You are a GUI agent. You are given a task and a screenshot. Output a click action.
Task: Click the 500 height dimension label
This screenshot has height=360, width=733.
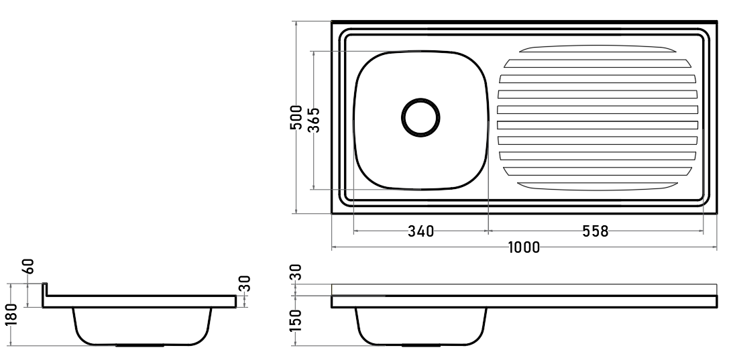[296, 118]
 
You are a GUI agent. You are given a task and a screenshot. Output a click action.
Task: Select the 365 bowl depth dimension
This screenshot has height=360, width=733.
[314, 120]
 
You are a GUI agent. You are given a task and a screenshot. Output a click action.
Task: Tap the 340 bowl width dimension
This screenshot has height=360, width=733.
[420, 231]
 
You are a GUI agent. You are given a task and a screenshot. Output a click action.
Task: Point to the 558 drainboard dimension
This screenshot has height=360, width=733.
[596, 231]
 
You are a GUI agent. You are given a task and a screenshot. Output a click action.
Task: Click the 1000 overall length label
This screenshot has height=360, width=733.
[524, 247]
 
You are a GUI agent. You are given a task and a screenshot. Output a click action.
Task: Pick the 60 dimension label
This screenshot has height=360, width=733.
[28, 267]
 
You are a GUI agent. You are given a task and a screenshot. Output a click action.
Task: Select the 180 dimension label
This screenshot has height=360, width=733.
[11, 314]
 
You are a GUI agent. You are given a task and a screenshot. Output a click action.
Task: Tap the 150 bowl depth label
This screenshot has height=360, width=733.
[296, 320]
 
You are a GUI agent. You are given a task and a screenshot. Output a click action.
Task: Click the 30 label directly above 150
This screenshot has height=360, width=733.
[296, 272]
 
